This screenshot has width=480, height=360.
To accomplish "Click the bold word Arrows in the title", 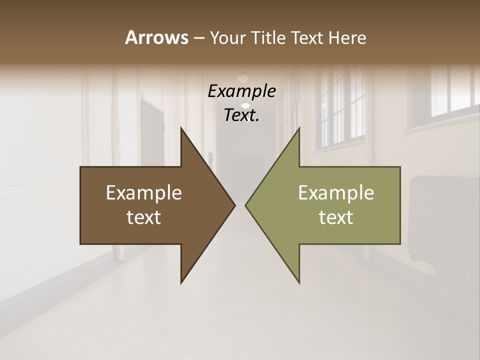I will click(x=156, y=37).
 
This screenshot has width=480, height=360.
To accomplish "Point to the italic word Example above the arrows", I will click(x=241, y=91).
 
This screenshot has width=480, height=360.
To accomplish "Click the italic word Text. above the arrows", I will click(x=241, y=115).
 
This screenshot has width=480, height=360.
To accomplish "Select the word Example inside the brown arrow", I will click(x=144, y=193).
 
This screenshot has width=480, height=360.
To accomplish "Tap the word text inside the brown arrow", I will click(x=144, y=217).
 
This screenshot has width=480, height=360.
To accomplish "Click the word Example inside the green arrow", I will click(x=336, y=193).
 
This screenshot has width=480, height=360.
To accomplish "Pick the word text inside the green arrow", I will click(x=336, y=217).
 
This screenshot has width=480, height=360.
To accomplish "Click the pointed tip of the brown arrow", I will click(x=235, y=205).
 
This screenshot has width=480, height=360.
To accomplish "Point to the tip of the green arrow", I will click(x=245, y=205).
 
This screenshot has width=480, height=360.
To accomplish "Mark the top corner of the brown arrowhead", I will click(x=181, y=127).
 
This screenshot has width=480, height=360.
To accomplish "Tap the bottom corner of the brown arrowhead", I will click(x=181, y=283).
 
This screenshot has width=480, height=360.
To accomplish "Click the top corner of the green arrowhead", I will click(x=299, y=127).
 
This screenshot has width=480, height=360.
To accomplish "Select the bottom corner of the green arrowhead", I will click(x=299, y=283).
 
